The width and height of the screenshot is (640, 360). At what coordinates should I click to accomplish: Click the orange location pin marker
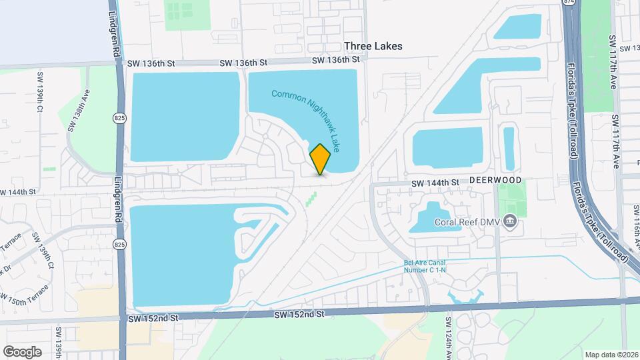click(320, 159)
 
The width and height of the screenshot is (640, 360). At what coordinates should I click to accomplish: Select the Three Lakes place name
click(373, 47)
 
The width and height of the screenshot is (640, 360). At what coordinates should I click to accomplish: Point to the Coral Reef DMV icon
click(510, 221)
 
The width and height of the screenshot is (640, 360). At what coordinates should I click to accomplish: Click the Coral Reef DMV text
click(467, 223)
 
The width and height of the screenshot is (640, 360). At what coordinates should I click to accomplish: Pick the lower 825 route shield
click(119, 245)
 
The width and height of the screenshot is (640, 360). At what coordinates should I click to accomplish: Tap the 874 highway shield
click(568, 3)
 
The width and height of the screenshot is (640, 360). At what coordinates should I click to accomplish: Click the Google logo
click(22, 351)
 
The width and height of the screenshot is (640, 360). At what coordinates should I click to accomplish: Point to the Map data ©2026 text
click(611, 355)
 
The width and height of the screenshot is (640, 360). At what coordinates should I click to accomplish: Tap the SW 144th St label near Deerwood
click(435, 183)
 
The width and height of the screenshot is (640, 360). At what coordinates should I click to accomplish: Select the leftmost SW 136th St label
click(152, 63)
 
